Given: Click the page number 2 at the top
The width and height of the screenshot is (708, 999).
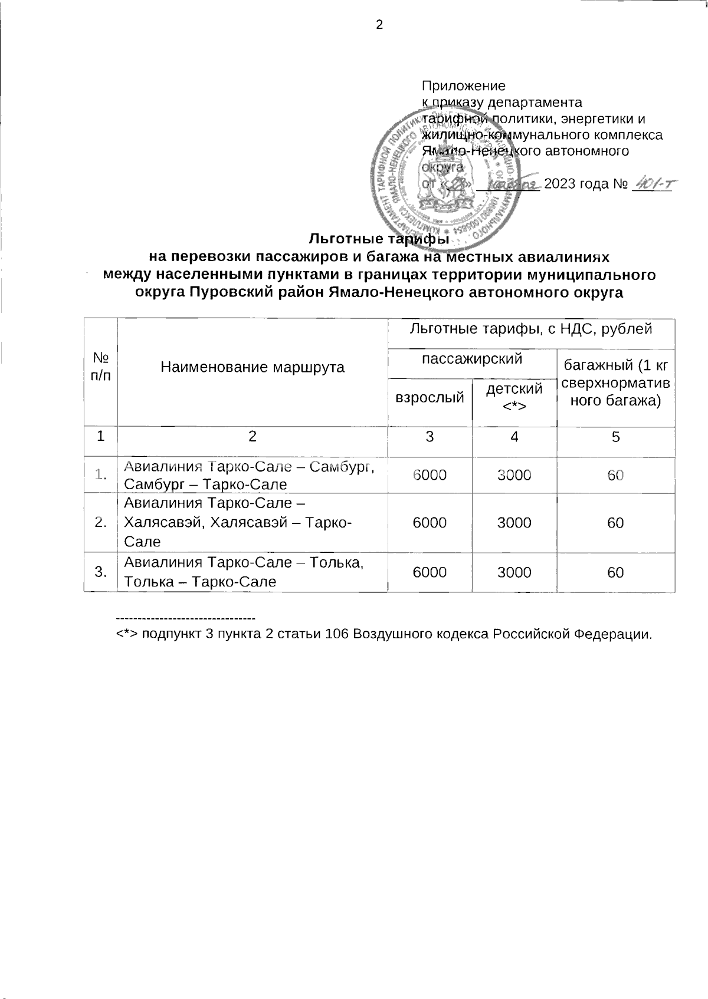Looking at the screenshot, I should [x=379, y=25].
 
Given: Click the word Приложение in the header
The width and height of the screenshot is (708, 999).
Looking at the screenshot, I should [x=464, y=86].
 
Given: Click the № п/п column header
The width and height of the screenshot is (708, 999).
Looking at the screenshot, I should [x=101, y=367].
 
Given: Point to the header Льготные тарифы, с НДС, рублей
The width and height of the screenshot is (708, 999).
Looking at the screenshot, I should [x=531, y=328].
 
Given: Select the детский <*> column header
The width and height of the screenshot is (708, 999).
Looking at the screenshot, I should [x=514, y=396].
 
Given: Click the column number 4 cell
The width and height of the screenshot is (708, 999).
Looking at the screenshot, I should [x=514, y=437].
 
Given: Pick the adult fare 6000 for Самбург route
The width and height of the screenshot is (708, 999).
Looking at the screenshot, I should [x=430, y=475].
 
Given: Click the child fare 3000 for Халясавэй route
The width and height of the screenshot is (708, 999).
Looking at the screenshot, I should [x=514, y=523].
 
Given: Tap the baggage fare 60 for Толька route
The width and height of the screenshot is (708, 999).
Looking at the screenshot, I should [x=615, y=572].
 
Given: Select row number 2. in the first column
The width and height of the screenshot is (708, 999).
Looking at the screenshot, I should [x=101, y=523].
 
